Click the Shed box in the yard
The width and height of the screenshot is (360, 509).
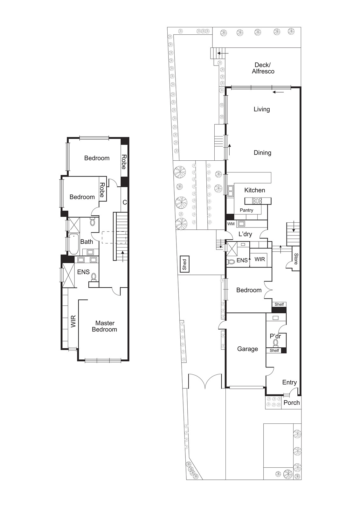point(184,264)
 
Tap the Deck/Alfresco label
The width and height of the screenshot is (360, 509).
point(263,68)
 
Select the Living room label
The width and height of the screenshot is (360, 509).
point(262,109)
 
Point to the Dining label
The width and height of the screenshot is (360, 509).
point(262,153)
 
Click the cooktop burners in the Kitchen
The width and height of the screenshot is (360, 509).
point(257,201)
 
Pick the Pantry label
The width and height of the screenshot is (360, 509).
point(246,210)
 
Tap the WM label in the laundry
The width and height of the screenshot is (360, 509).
point(231,224)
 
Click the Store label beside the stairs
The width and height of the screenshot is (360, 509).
point(296,259)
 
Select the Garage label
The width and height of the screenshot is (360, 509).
point(247,349)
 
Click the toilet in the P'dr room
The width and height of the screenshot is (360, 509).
point(276,343)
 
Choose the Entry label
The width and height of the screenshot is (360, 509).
point(289,382)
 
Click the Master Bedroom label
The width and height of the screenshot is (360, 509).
point(105,326)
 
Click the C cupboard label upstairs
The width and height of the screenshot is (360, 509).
point(125,202)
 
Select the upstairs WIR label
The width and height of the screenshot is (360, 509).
point(73,321)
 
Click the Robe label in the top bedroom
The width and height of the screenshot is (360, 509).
point(124,162)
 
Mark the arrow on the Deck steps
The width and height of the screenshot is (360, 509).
point(223,53)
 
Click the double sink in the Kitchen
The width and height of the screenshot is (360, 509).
point(230,191)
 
